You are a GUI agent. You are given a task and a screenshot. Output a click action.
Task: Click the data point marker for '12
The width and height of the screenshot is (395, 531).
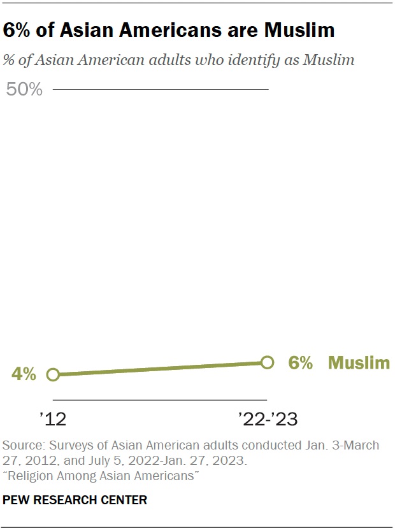click(54, 374)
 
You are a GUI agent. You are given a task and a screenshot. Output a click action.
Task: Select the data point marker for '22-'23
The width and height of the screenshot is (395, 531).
click(268, 362)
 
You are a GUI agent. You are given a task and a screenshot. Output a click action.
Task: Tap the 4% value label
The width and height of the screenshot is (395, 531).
click(24, 374)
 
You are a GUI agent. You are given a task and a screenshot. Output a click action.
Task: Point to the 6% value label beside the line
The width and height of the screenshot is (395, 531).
click(300, 363)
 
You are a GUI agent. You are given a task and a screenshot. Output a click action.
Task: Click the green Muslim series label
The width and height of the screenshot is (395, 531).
click(359, 363)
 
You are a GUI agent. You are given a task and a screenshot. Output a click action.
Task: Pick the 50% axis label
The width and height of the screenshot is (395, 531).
click(24, 90)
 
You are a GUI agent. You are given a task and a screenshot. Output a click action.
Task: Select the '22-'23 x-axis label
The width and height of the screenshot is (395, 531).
click(268, 419)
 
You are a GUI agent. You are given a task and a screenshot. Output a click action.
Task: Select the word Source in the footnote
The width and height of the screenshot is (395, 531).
click(19, 444)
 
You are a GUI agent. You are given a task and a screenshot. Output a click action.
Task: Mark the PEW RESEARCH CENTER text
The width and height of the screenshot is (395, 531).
click(75, 500)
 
